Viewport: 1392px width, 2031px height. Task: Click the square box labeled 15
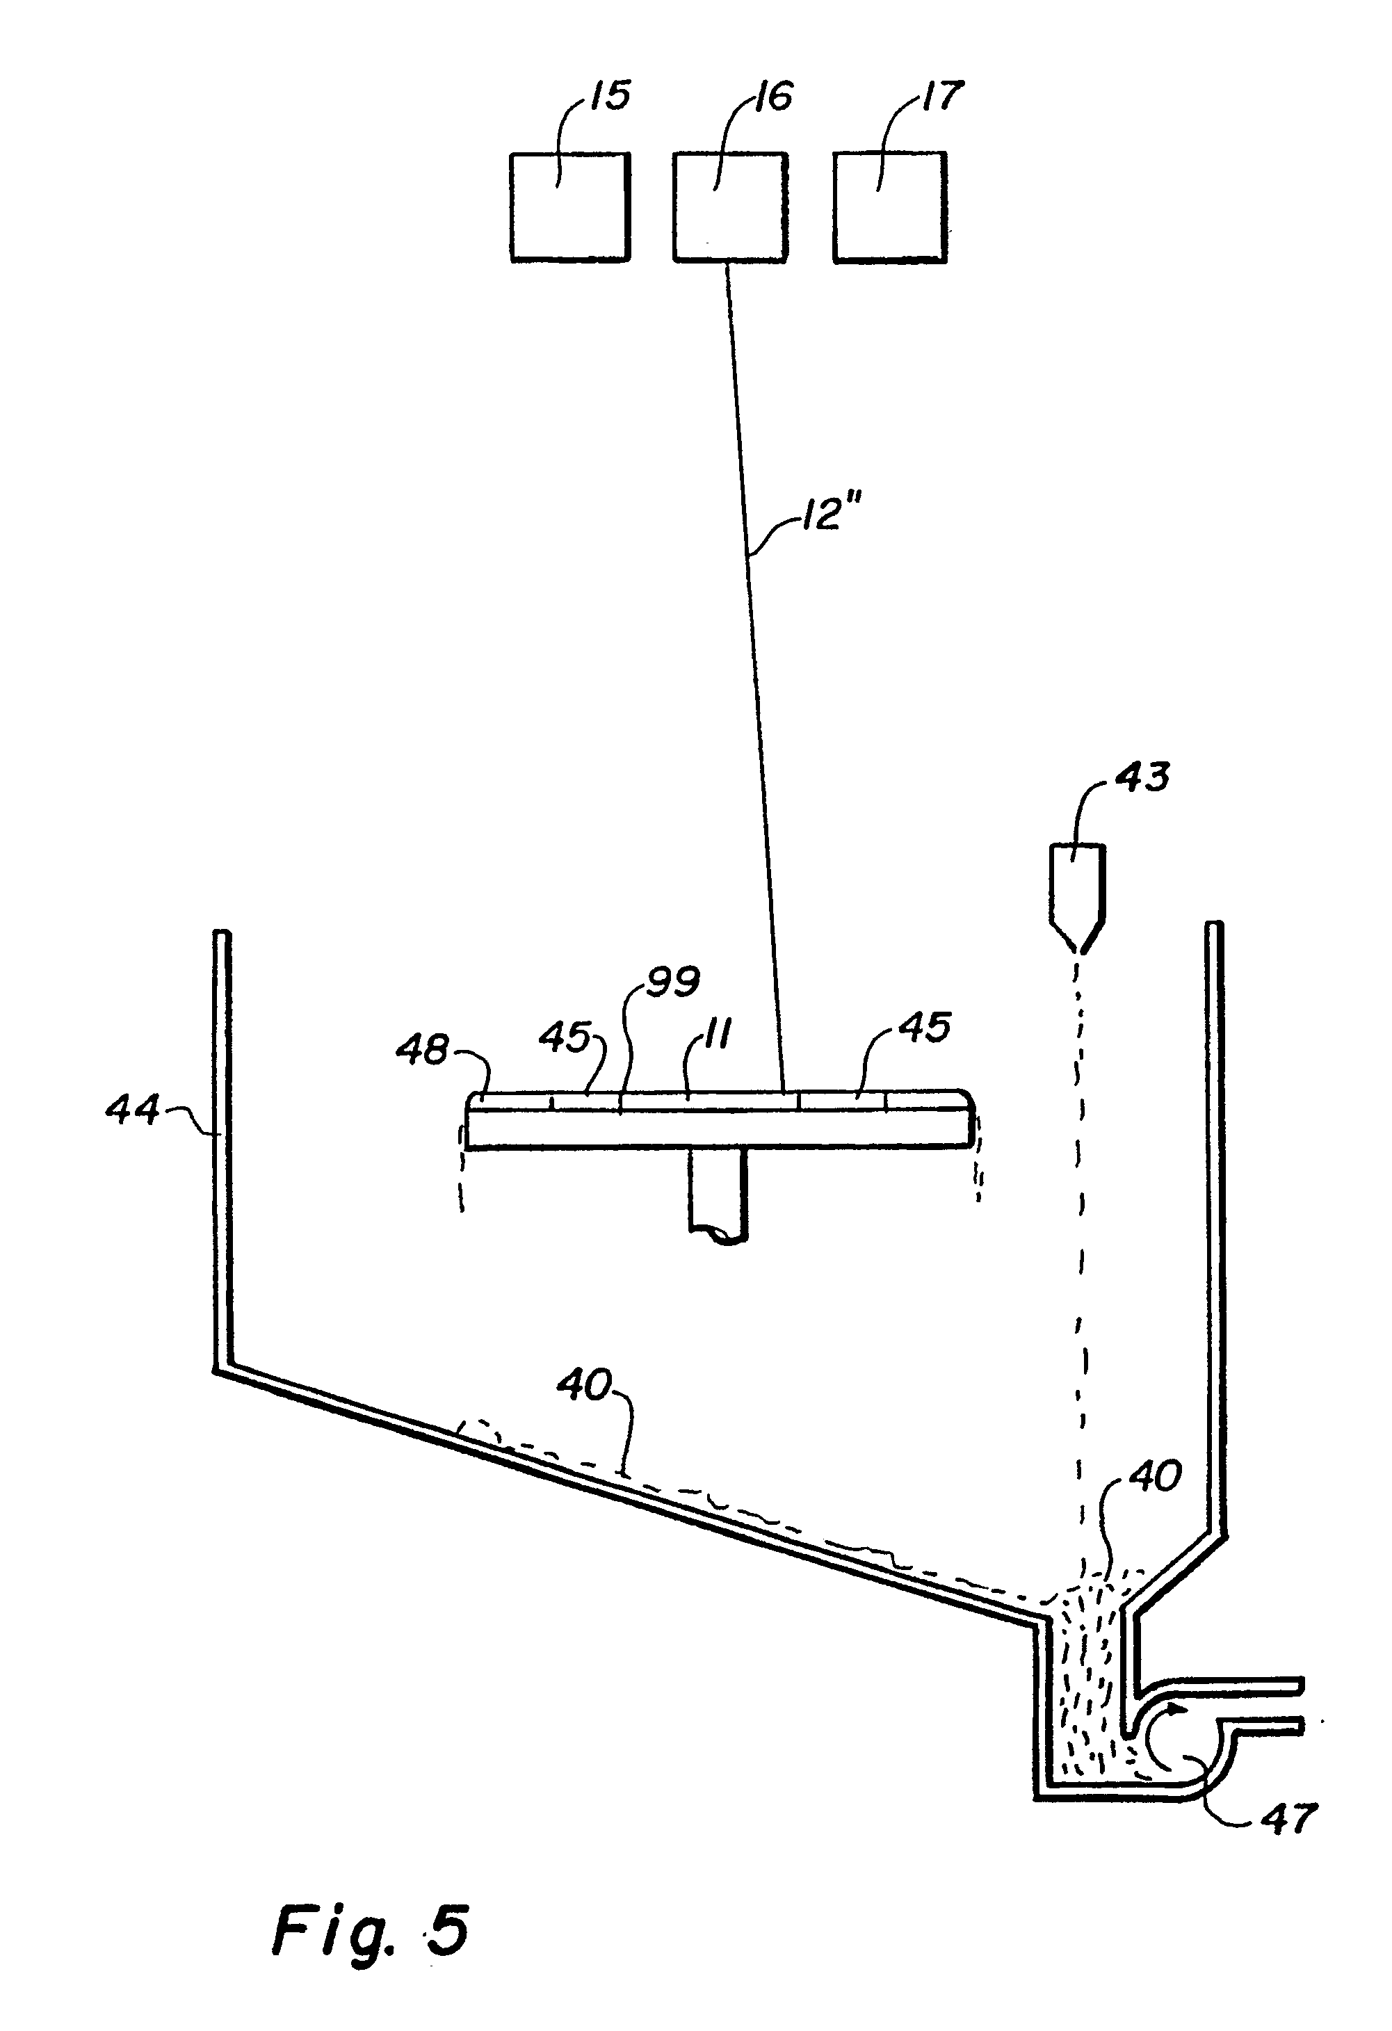point(569,207)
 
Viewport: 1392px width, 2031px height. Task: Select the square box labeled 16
point(731,207)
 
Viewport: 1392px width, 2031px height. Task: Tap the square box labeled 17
point(891,207)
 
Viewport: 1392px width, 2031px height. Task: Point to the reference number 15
point(609,96)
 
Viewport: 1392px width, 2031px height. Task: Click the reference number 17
point(942,96)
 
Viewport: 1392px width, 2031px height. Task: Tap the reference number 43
point(1143,776)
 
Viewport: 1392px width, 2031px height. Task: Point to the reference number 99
point(672,983)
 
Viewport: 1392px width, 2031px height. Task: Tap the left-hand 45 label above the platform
point(565,1038)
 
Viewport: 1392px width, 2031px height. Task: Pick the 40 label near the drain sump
point(1154,1477)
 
